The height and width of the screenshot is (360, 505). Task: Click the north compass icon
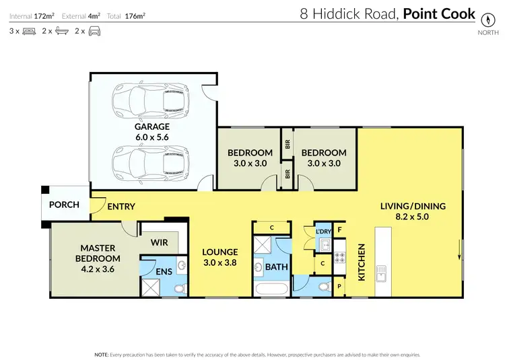click(x=487, y=20)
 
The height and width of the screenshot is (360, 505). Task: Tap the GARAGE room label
click(x=152, y=127)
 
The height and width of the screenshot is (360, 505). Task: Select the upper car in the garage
click(x=150, y=101)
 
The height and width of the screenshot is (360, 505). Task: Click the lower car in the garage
click(x=150, y=164)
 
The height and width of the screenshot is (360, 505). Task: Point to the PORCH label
click(x=64, y=205)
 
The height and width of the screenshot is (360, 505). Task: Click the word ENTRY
click(x=121, y=207)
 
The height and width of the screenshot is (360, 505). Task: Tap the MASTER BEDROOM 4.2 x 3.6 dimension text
click(x=98, y=269)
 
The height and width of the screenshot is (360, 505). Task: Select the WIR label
click(x=159, y=242)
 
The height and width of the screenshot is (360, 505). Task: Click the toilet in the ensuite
click(x=180, y=288)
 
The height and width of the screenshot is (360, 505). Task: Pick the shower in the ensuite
click(x=151, y=287)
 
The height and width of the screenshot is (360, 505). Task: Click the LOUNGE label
click(x=220, y=252)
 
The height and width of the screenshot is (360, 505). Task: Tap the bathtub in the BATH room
click(x=271, y=289)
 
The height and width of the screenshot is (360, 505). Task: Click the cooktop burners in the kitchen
click(x=339, y=257)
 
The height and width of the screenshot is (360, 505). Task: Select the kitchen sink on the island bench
click(x=381, y=273)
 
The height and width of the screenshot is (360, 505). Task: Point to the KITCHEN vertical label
click(x=362, y=262)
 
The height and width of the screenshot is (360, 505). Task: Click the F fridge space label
click(x=339, y=230)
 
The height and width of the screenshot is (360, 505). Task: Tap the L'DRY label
click(x=323, y=231)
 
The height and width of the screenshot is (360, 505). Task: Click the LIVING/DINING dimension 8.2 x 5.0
click(x=412, y=217)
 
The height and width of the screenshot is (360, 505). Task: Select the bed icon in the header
click(x=29, y=31)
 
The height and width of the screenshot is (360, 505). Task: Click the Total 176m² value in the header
click(x=135, y=15)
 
